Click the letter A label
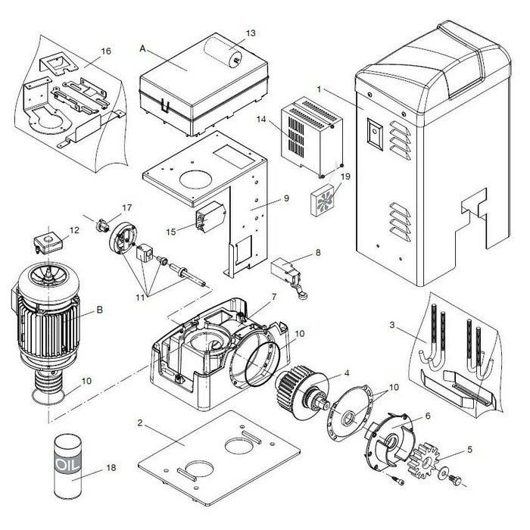[142, 47]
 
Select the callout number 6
[427, 416]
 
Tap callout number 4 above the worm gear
[346, 373]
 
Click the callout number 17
[126, 207]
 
